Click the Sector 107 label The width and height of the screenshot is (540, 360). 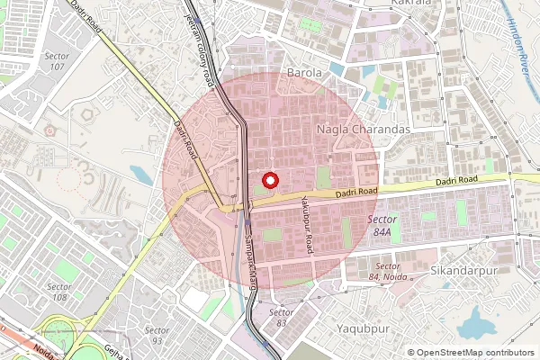[x=57, y=61]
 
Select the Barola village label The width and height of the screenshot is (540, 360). [x=303, y=72]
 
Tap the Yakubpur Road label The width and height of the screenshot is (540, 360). [x=306, y=224]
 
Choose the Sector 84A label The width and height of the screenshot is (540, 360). [x=382, y=225]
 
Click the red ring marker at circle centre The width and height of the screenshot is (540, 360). [x=269, y=177]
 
